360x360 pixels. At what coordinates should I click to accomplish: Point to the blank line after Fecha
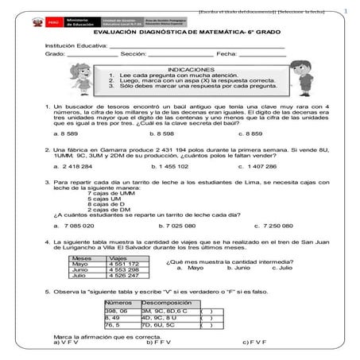click(x=262, y=55)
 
